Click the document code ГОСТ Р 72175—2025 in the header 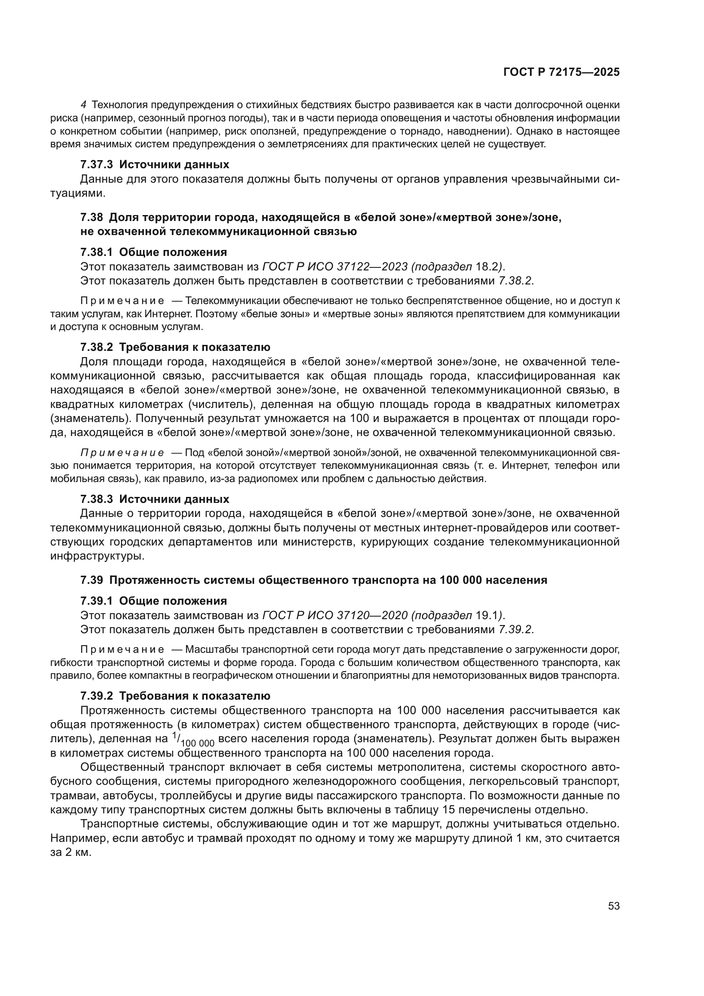tap(561, 72)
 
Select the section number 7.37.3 tap(96, 165)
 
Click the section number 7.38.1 tap(96, 253)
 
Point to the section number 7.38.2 tap(96, 347)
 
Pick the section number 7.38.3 tap(96, 499)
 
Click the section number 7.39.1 tap(96, 601)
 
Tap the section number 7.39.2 tap(96, 696)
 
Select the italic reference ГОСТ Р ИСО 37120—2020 tap(335, 616)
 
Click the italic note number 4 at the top tap(84, 105)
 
